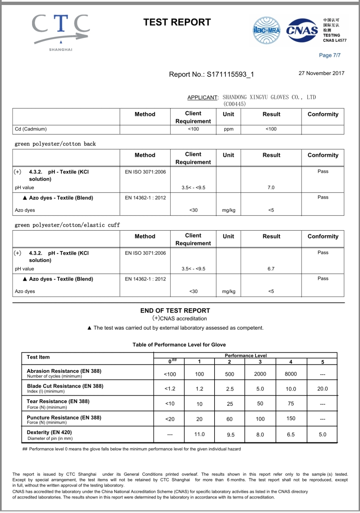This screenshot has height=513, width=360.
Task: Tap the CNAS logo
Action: tap(302, 30)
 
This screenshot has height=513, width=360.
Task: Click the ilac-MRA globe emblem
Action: tap(266, 30)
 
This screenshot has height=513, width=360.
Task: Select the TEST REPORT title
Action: tap(177, 22)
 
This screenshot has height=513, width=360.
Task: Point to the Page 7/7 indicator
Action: tap(329, 55)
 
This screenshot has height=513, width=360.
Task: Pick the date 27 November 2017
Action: tap(321, 73)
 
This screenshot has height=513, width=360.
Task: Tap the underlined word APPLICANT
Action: tap(202, 97)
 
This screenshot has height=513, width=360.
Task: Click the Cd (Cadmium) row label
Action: tap(31, 129)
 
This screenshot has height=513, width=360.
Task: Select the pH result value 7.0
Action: tap(271, 188)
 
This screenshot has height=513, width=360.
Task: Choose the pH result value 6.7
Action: tap(271, 269)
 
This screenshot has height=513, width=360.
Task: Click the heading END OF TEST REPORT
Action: tap(175, 311)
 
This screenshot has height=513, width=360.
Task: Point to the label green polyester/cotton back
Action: tap(55, 144)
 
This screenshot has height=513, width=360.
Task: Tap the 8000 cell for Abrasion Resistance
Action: tap(291, 374)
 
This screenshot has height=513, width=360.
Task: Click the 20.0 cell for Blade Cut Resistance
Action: tap(322, 389)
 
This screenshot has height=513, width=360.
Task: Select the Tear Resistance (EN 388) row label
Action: tap(58, 401)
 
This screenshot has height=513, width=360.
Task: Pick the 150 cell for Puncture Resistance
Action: tap(291, 418)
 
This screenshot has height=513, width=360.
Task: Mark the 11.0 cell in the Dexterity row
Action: tap(199, 434)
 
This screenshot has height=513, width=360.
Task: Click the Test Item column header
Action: tap(38, 357)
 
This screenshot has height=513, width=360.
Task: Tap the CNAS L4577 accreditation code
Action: tap(334, 40)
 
